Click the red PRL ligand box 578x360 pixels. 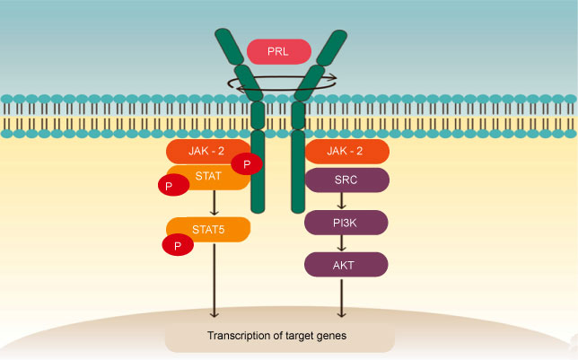(x=278, y=51)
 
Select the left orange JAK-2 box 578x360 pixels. (x=202, y=151)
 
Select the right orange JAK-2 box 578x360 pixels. (x=346, y=151)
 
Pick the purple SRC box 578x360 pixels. (x=346, y=180)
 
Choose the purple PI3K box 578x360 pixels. (x=346, y=222)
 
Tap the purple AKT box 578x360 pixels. (x=346, y=264)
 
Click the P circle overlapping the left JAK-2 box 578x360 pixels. (x=247, y=164)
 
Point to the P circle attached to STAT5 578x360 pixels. (x=177, y=244)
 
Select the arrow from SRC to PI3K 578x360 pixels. (x=341, y=201)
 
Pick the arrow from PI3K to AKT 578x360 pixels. (x=341, y=243)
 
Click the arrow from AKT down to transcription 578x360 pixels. (x=341, y=297)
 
